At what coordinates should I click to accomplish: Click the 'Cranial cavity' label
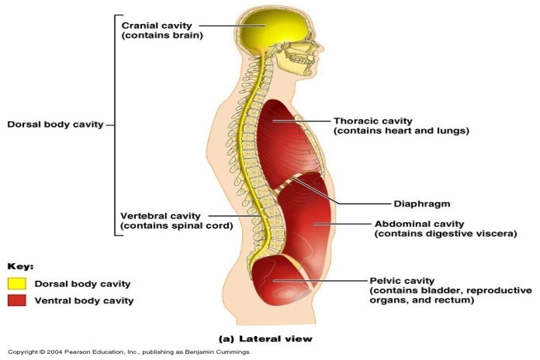154,25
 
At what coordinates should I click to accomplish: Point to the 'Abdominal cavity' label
419,224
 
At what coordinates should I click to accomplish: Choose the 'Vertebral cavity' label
160,215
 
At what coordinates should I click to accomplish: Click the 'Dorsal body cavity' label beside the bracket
55,124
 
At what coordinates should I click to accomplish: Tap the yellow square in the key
17,284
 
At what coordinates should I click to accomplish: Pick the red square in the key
17,300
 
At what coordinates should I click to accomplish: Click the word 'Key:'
20,265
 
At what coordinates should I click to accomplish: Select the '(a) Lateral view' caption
266,339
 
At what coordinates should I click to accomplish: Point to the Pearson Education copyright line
129,352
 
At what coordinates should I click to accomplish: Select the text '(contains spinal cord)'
176,226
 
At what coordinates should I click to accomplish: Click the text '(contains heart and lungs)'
401,131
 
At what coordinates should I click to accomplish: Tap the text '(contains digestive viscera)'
446,234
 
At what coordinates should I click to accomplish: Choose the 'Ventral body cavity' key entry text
84,301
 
